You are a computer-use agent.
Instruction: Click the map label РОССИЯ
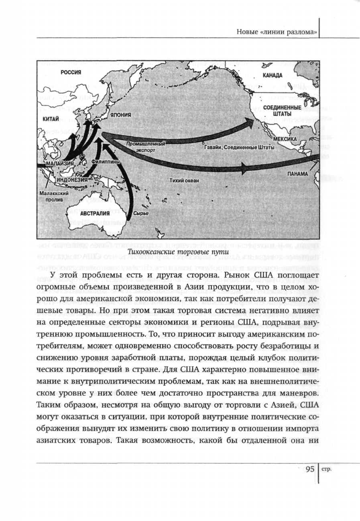[71, 72]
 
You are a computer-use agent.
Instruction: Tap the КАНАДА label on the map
[272, 75]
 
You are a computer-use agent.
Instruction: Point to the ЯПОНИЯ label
[121, 115]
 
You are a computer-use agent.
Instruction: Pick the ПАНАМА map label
[297, 174]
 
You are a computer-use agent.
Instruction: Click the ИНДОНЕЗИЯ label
[71, 180]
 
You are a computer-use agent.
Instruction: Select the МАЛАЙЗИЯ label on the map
[59, 164]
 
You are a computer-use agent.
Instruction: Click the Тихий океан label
[184, 181]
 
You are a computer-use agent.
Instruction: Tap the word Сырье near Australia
[141, 213]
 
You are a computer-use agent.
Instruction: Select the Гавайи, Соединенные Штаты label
[239, 147]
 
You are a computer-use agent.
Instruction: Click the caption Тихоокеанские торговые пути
[178, 252]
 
